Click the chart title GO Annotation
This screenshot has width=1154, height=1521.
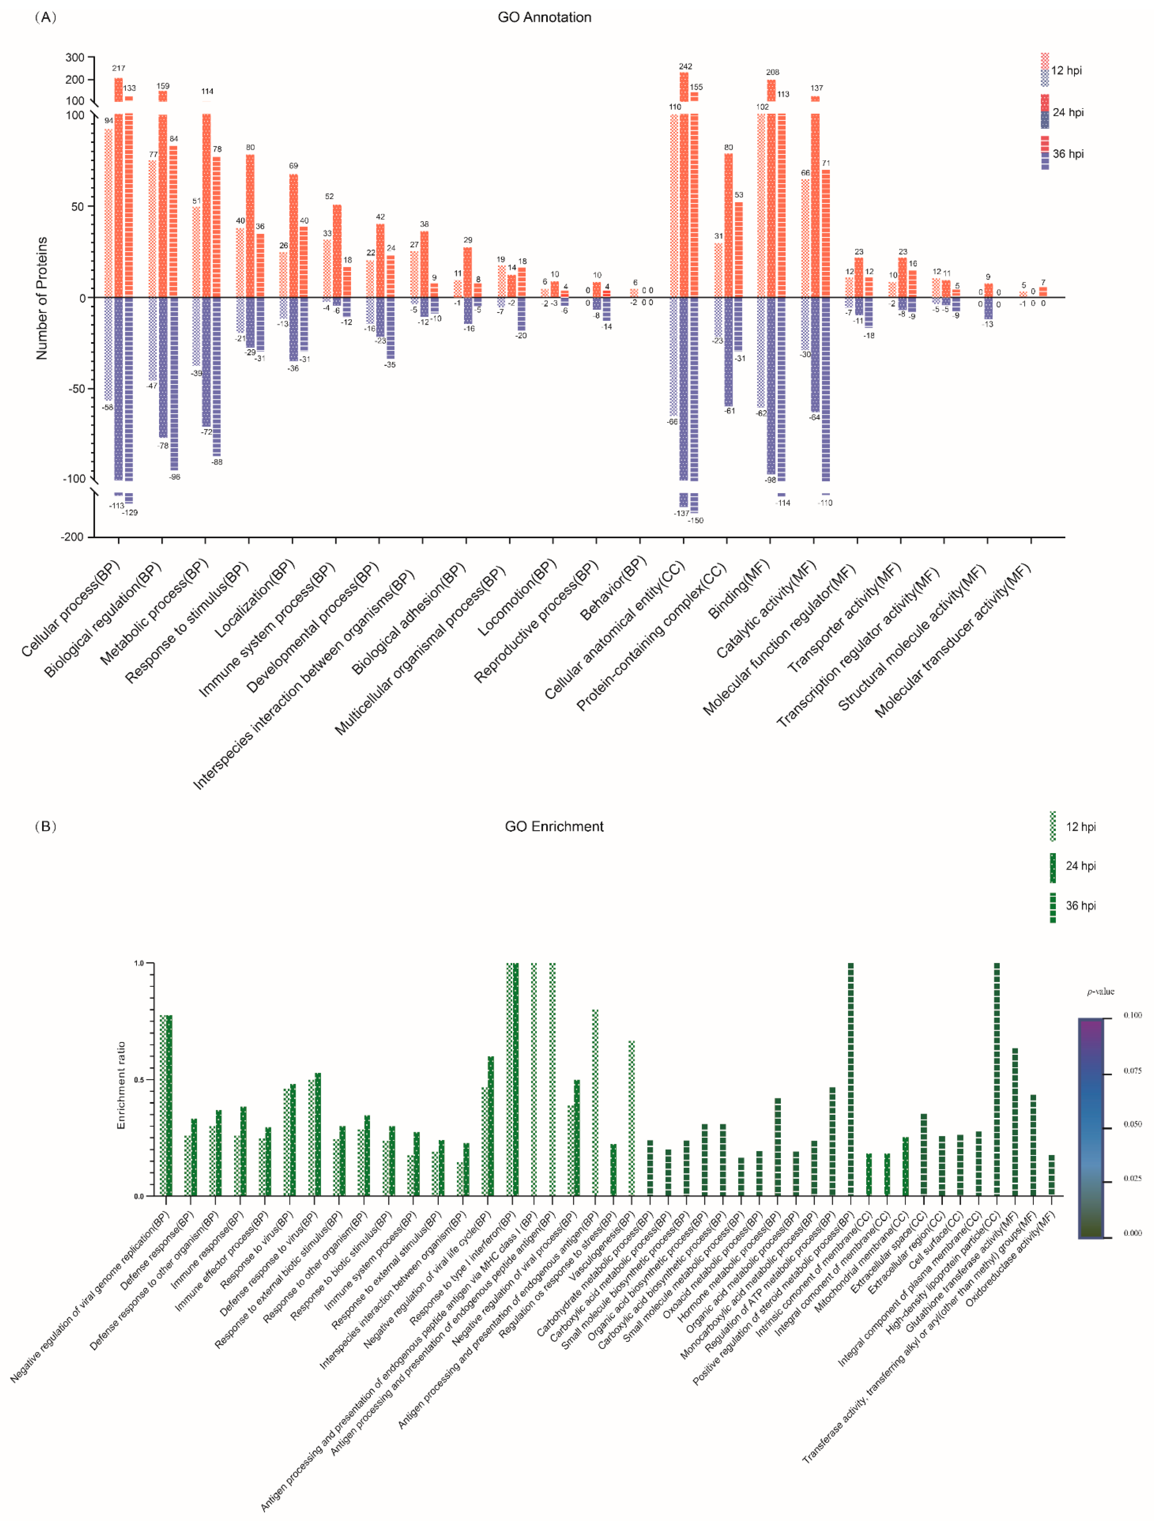[x=544, y=17]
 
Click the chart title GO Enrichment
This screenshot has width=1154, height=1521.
[x=554, y=826]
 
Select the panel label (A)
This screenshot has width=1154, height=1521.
[x=45, y=17]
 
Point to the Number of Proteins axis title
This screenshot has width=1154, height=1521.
[x=42, y=298]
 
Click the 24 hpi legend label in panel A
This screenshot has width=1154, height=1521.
[x=1068, y=112]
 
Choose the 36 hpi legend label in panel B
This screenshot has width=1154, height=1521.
[x=1080, y=906]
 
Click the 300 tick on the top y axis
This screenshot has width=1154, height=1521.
[x=75, y=58]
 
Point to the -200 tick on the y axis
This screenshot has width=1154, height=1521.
[x=73, y=536]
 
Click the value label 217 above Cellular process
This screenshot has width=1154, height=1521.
[x=118, y=68]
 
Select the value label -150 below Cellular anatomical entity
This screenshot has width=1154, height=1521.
[x=695, y=520]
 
